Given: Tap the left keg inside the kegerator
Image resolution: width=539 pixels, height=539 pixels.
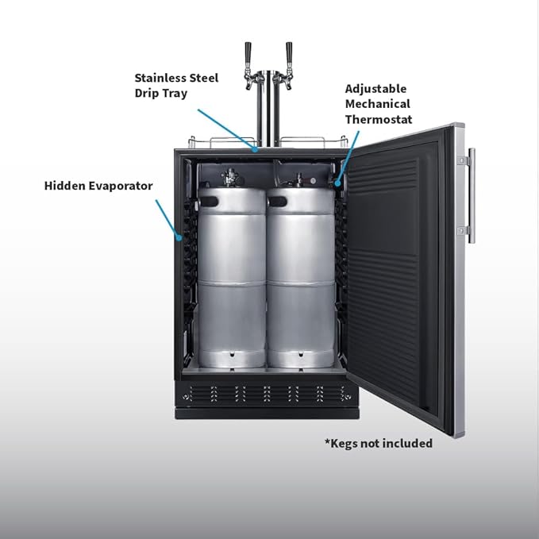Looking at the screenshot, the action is (x=232, y=277).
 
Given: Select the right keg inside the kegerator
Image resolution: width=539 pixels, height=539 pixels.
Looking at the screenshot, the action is (x=301, y=277).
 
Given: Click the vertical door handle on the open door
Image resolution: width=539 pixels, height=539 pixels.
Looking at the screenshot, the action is (x=472, y=196).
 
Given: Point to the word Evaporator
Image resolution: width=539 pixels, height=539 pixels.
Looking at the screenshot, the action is (x=121, y=186).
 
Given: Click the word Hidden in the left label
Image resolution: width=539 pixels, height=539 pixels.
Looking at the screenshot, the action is (x=64, y=186).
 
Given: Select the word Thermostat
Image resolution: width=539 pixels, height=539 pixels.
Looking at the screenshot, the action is (x=379, y=119).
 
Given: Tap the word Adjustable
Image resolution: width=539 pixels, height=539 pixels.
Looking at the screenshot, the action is (x=375, y=89).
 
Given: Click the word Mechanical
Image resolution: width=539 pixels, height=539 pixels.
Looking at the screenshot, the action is (x=377, y=104).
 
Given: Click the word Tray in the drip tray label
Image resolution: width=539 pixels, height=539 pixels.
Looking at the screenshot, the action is (x=175, y=94).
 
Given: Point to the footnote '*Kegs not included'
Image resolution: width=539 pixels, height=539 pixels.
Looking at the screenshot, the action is (x=379, y=444).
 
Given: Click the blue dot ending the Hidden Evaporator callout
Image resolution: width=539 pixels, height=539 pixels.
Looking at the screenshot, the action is (x=179, y=237).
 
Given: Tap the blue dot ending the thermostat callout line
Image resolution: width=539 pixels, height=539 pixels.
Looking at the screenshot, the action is (x=337, y=183).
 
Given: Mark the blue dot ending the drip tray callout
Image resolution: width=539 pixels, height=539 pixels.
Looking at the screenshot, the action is (x=255, y=149).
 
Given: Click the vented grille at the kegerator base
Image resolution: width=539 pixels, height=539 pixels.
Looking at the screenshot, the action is (x=267, y=394).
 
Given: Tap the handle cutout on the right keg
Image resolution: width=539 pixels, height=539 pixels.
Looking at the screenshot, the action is (x=278, y=202).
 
